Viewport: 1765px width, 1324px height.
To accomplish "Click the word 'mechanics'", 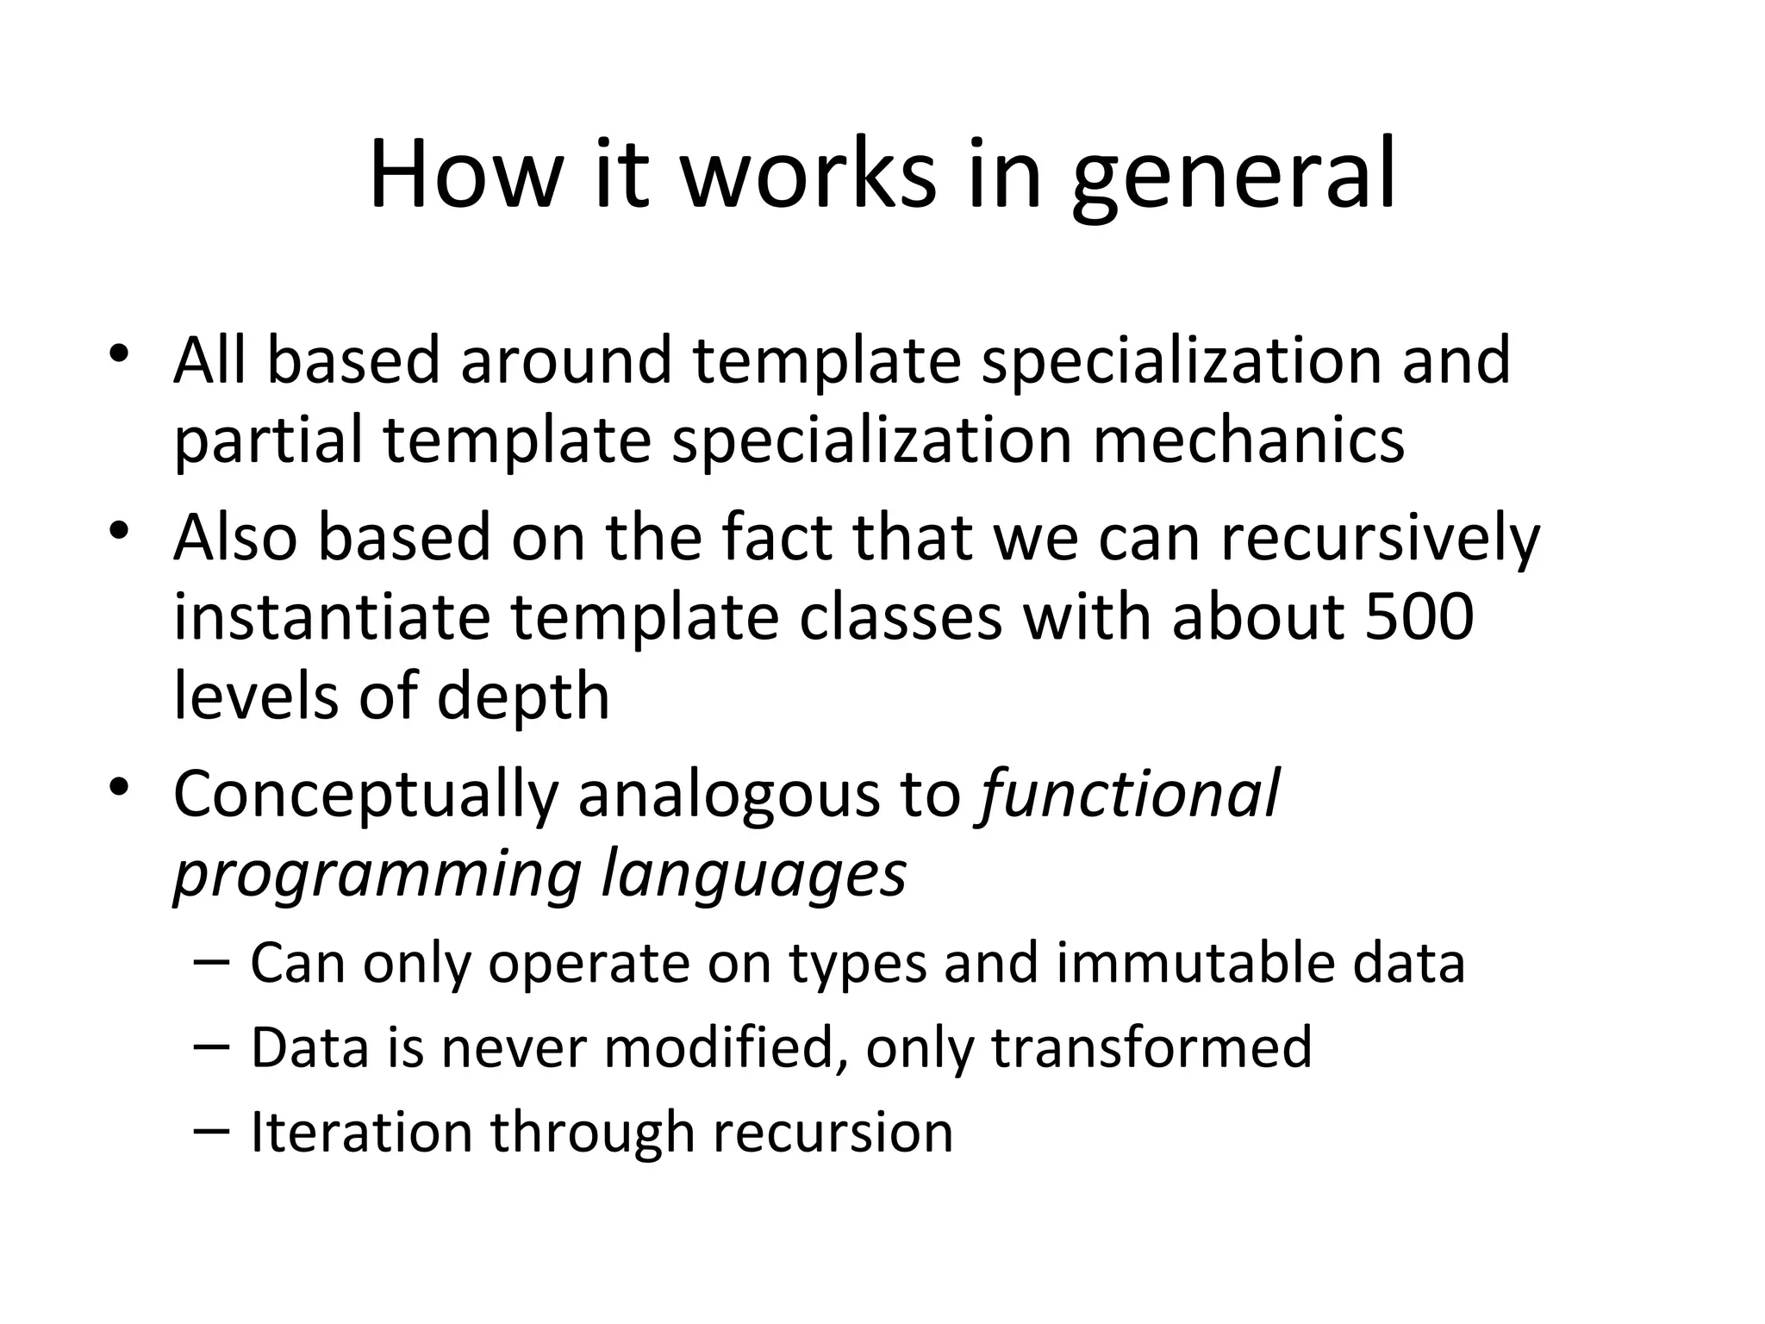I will pyautogui.click(x=1250, y=440).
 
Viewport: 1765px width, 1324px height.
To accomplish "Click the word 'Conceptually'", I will pyautogui.click(x=365, y=796).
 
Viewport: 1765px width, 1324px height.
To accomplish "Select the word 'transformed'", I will pyautogui.click(x=1151, y=1047).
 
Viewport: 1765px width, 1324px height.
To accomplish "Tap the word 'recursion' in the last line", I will pyautogui.click(x=833, y=1132).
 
